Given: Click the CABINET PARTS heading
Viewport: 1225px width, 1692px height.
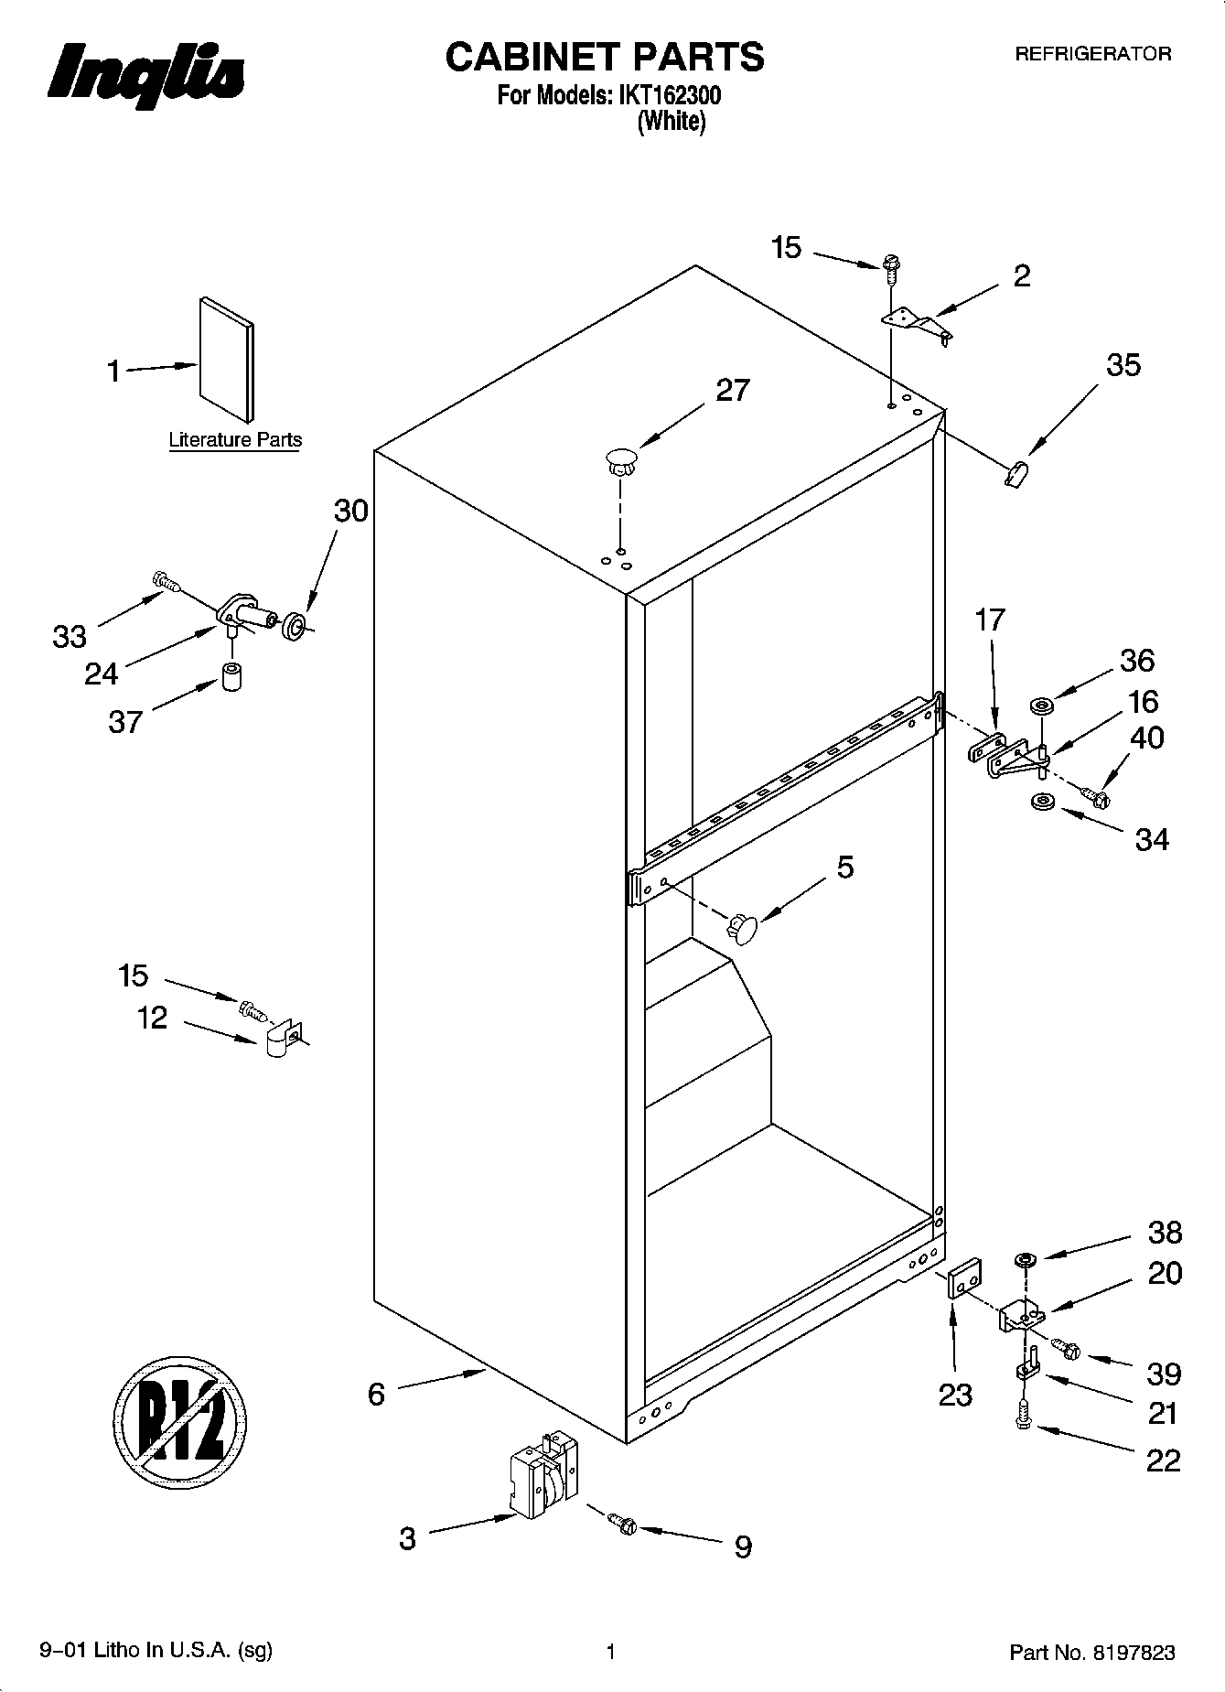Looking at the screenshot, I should tap(605, 57).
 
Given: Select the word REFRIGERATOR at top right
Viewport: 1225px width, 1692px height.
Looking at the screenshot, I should tap(1092, 54).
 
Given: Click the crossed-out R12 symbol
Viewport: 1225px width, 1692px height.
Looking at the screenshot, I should tap(181, 1422).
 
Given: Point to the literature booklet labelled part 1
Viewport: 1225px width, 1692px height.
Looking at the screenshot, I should tap(227, 358).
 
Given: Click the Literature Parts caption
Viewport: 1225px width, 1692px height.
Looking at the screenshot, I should tap(235, 440).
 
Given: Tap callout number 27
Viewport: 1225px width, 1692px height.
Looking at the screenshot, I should tap(732, 391).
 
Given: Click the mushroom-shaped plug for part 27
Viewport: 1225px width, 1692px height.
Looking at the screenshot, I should tap(621, 460).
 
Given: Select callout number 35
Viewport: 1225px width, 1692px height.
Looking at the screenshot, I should tap(1123, 365).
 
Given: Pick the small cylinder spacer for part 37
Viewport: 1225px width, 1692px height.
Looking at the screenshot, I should tap(232, 676).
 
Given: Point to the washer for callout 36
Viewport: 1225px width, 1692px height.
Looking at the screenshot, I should tap(1041, 706).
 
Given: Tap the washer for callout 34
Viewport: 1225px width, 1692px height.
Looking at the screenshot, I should tap(1041, 803).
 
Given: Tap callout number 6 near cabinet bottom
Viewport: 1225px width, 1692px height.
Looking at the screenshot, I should tap(376, 1394).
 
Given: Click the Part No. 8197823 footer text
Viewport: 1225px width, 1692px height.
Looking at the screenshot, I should tap(1091, 1653).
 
